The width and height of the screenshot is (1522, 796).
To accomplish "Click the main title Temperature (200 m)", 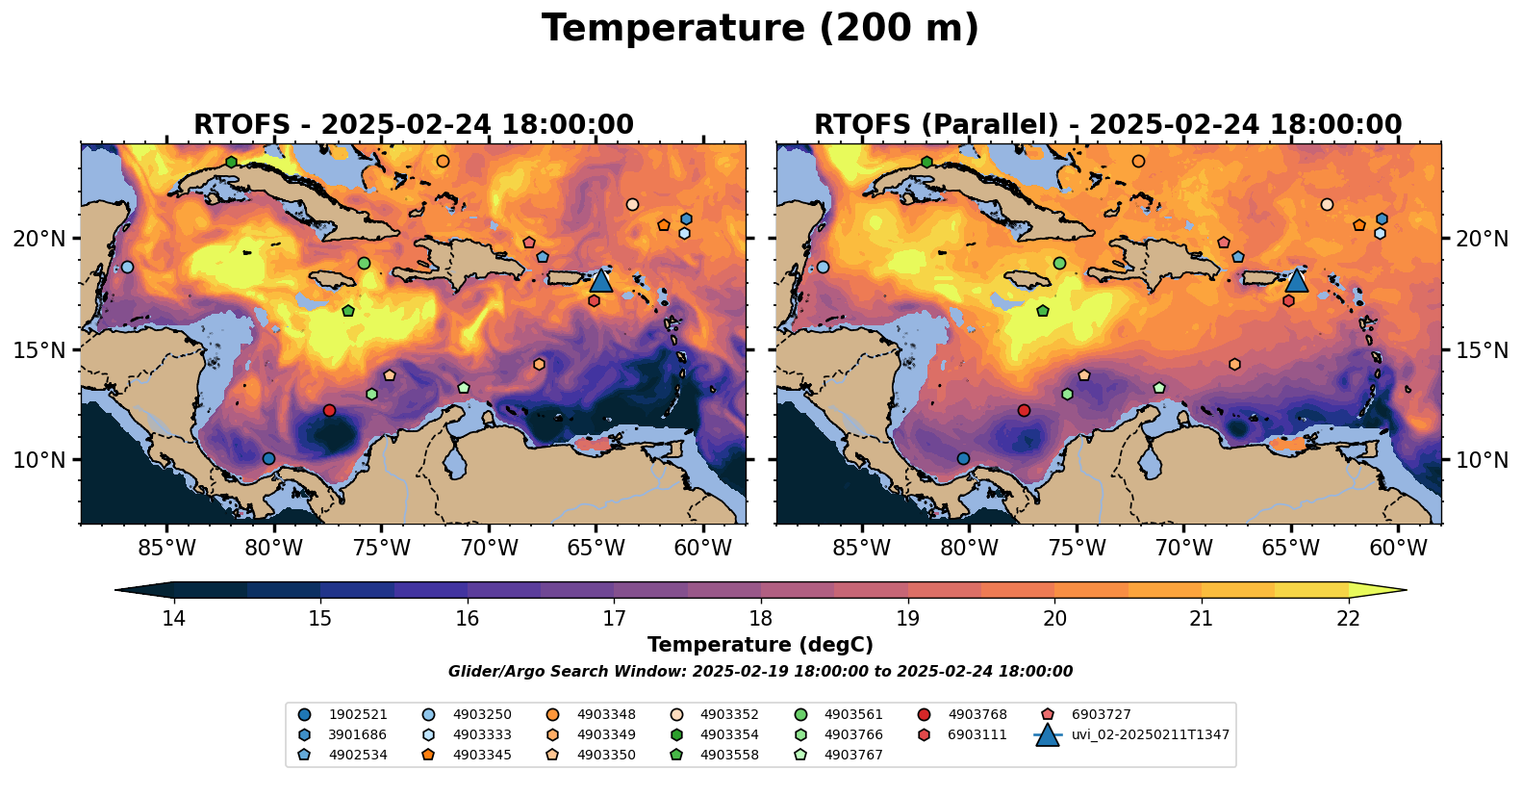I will [760, 29].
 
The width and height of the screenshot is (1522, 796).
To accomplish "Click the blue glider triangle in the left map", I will [600, 280].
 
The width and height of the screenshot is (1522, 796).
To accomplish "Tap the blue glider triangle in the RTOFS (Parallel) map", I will [1296, 280].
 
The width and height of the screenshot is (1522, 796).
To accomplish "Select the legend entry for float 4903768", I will [977, 714].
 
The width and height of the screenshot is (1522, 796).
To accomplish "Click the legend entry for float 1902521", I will [357, 714].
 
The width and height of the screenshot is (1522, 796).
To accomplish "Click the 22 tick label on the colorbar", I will [1349, 618].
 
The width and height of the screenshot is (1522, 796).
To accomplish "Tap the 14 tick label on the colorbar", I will [173, 618].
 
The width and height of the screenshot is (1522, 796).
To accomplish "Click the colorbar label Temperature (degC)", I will [760, 645].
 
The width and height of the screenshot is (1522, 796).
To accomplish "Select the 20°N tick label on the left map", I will [39, 239].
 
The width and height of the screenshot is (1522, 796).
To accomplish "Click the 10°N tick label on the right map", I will [1482, 460].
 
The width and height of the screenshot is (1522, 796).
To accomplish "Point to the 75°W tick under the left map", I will [382, 549].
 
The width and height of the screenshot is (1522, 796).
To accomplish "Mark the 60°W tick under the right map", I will [1398, 549].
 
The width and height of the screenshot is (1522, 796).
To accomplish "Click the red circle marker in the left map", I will [329, 410].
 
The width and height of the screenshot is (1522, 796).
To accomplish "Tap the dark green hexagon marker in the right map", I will [926, 162].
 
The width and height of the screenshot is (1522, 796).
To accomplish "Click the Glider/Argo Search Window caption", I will [760, 672].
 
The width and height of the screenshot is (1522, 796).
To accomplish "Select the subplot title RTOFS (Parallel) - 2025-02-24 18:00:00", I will [1108, 125].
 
